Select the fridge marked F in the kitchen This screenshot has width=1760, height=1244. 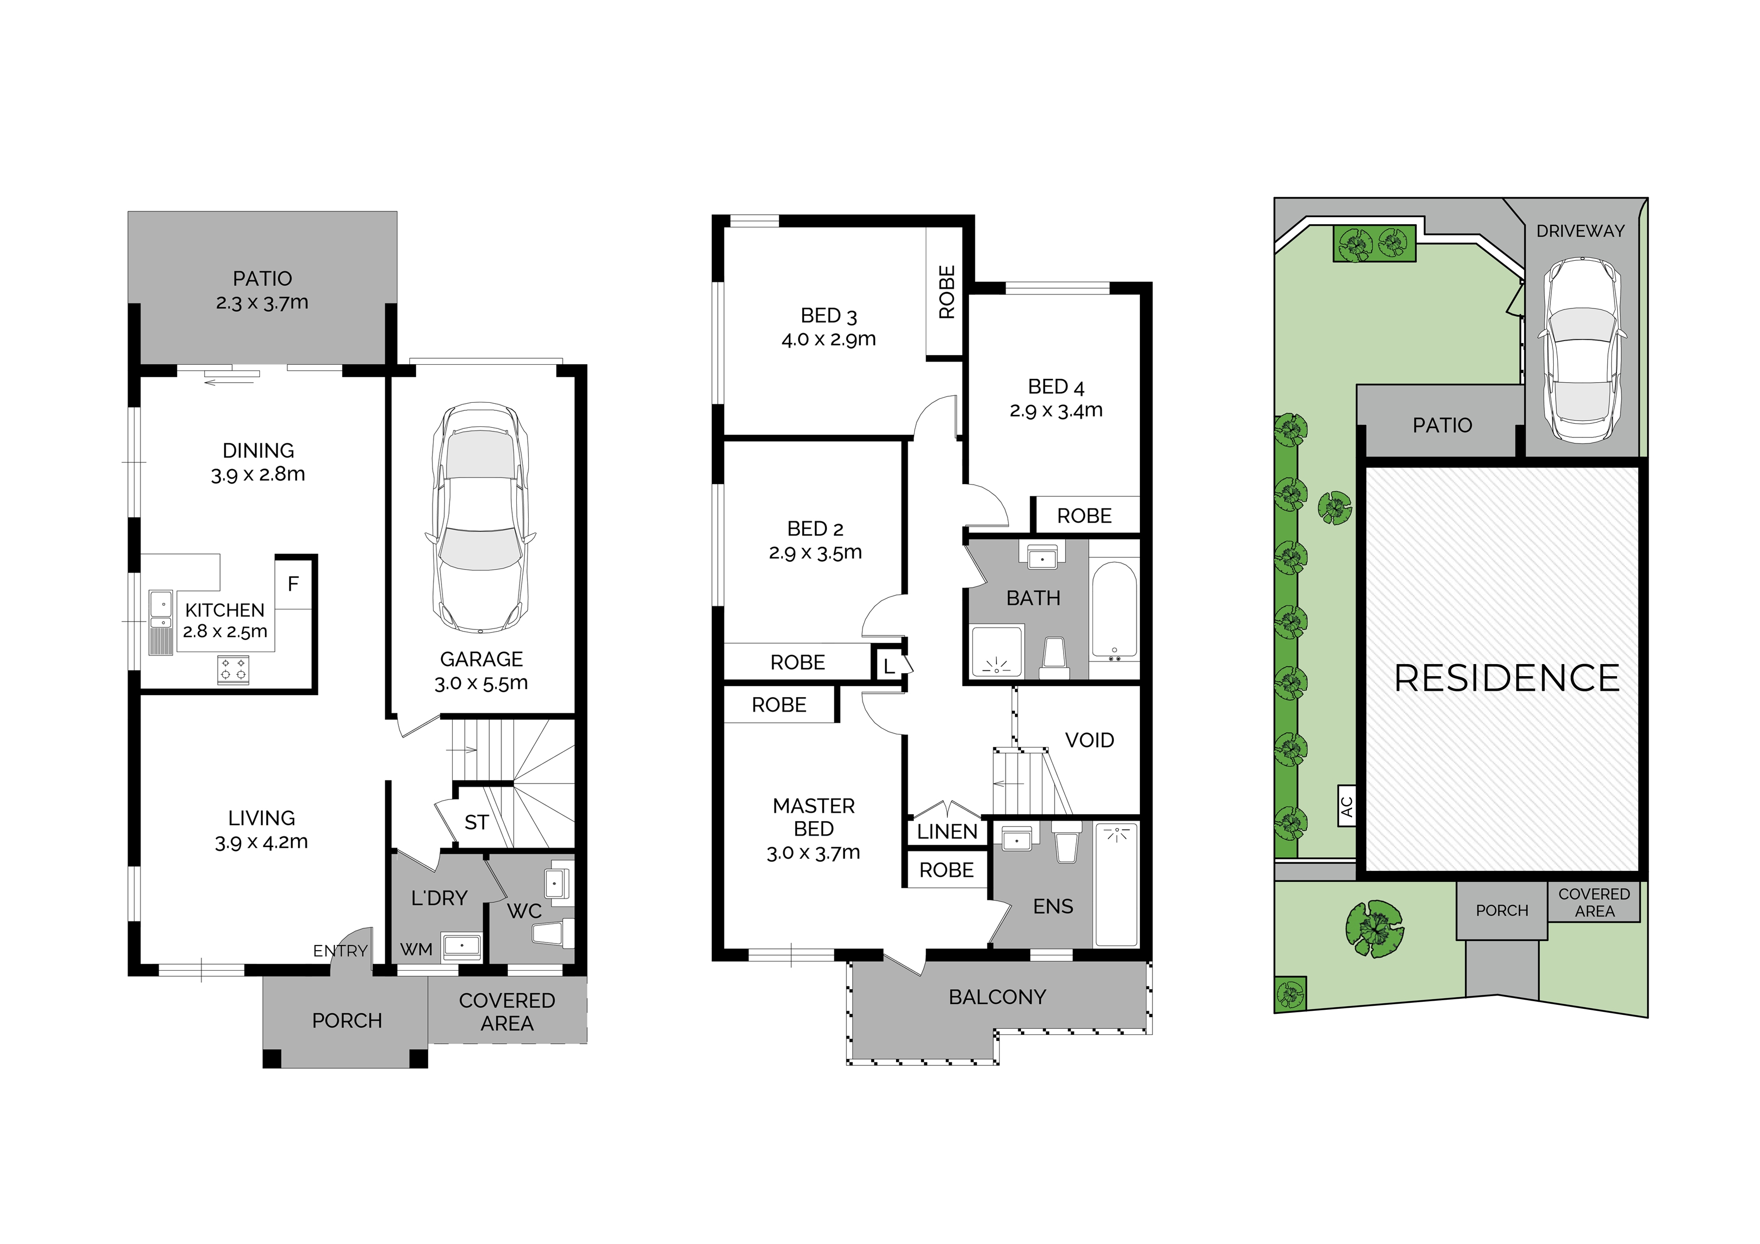294,584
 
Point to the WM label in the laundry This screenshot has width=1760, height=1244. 416,950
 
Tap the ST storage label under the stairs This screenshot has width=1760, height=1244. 476,823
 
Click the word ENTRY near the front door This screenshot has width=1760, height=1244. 340,951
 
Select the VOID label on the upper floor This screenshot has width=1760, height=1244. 1089,740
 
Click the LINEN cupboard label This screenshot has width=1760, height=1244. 947,832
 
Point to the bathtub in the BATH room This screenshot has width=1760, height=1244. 1114,611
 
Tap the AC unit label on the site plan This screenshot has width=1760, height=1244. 1347,806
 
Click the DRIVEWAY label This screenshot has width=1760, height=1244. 1580,231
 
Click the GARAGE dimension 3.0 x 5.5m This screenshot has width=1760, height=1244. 481,683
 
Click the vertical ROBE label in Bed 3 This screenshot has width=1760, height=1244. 947,292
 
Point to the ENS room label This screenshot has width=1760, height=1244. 1053,907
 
